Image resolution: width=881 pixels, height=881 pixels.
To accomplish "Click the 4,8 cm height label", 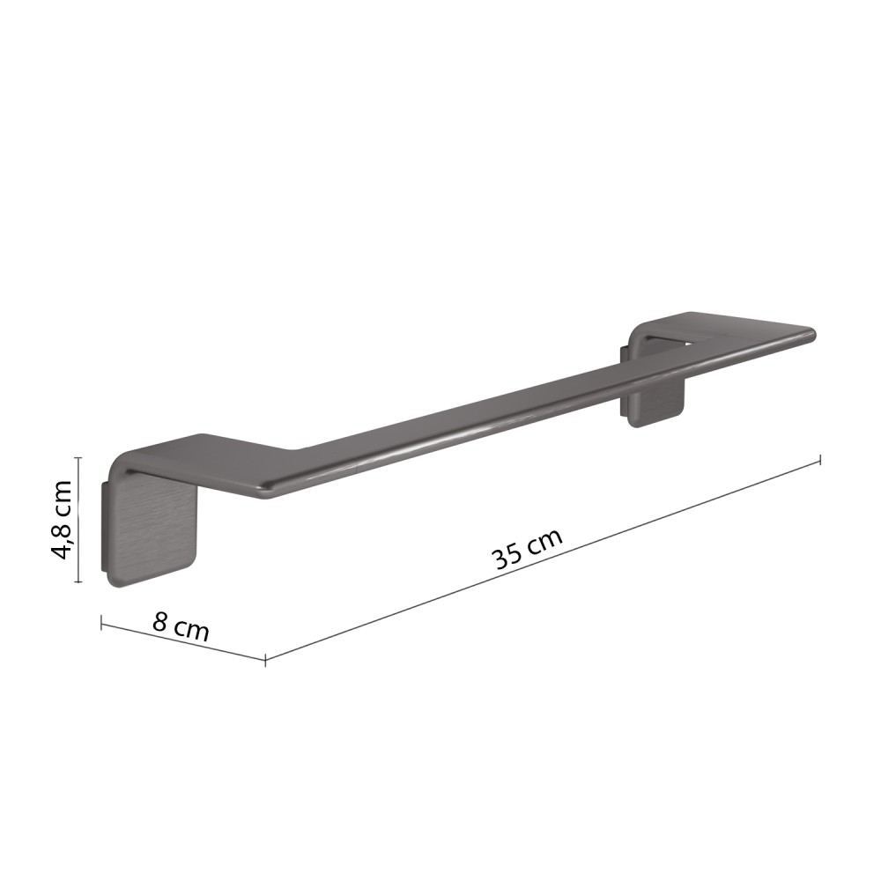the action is [62, 520].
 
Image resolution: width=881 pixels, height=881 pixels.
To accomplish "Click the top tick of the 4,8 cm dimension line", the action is [78, 458].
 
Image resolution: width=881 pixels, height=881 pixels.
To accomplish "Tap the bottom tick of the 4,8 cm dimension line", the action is [78, 582].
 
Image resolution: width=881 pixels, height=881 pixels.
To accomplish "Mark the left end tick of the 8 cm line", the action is [101, 623].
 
